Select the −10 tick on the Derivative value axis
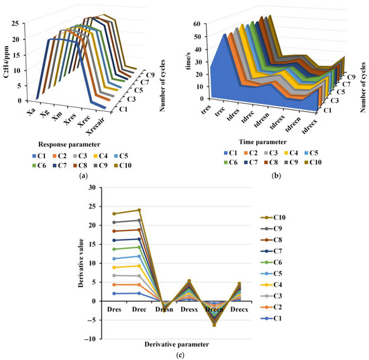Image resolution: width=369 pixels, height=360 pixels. tap(89, 339)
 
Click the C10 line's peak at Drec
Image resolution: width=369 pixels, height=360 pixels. tap(139, 210)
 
